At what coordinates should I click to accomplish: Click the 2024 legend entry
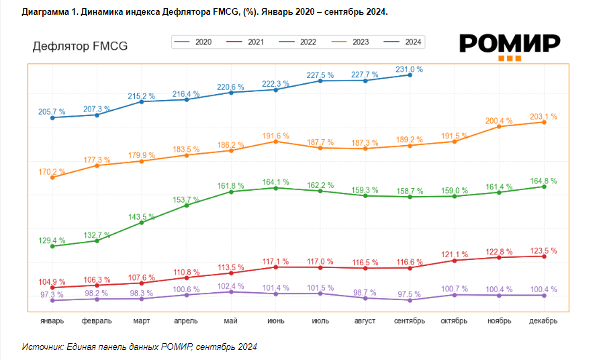405,42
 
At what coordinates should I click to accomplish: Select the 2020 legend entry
195,42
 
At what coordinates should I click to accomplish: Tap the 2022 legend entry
299,42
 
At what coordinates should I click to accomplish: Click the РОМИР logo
510,46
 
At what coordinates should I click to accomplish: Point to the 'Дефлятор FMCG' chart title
80,46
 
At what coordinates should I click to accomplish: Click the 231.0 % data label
409,69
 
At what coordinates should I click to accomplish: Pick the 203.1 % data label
543,116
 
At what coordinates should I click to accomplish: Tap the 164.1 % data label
275,181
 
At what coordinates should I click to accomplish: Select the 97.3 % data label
52,294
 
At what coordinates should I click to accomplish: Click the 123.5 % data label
543,251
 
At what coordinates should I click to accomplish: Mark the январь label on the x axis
52,321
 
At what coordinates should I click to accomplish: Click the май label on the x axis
231,321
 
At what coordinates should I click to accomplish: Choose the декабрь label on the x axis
543,321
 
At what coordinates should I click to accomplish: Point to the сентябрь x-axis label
410,321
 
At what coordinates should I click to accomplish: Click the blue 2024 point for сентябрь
410,75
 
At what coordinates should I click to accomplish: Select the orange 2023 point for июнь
275,141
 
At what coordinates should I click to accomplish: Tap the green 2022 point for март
142,222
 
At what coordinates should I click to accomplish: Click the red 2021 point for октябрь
455,261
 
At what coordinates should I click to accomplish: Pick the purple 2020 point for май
231,291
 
